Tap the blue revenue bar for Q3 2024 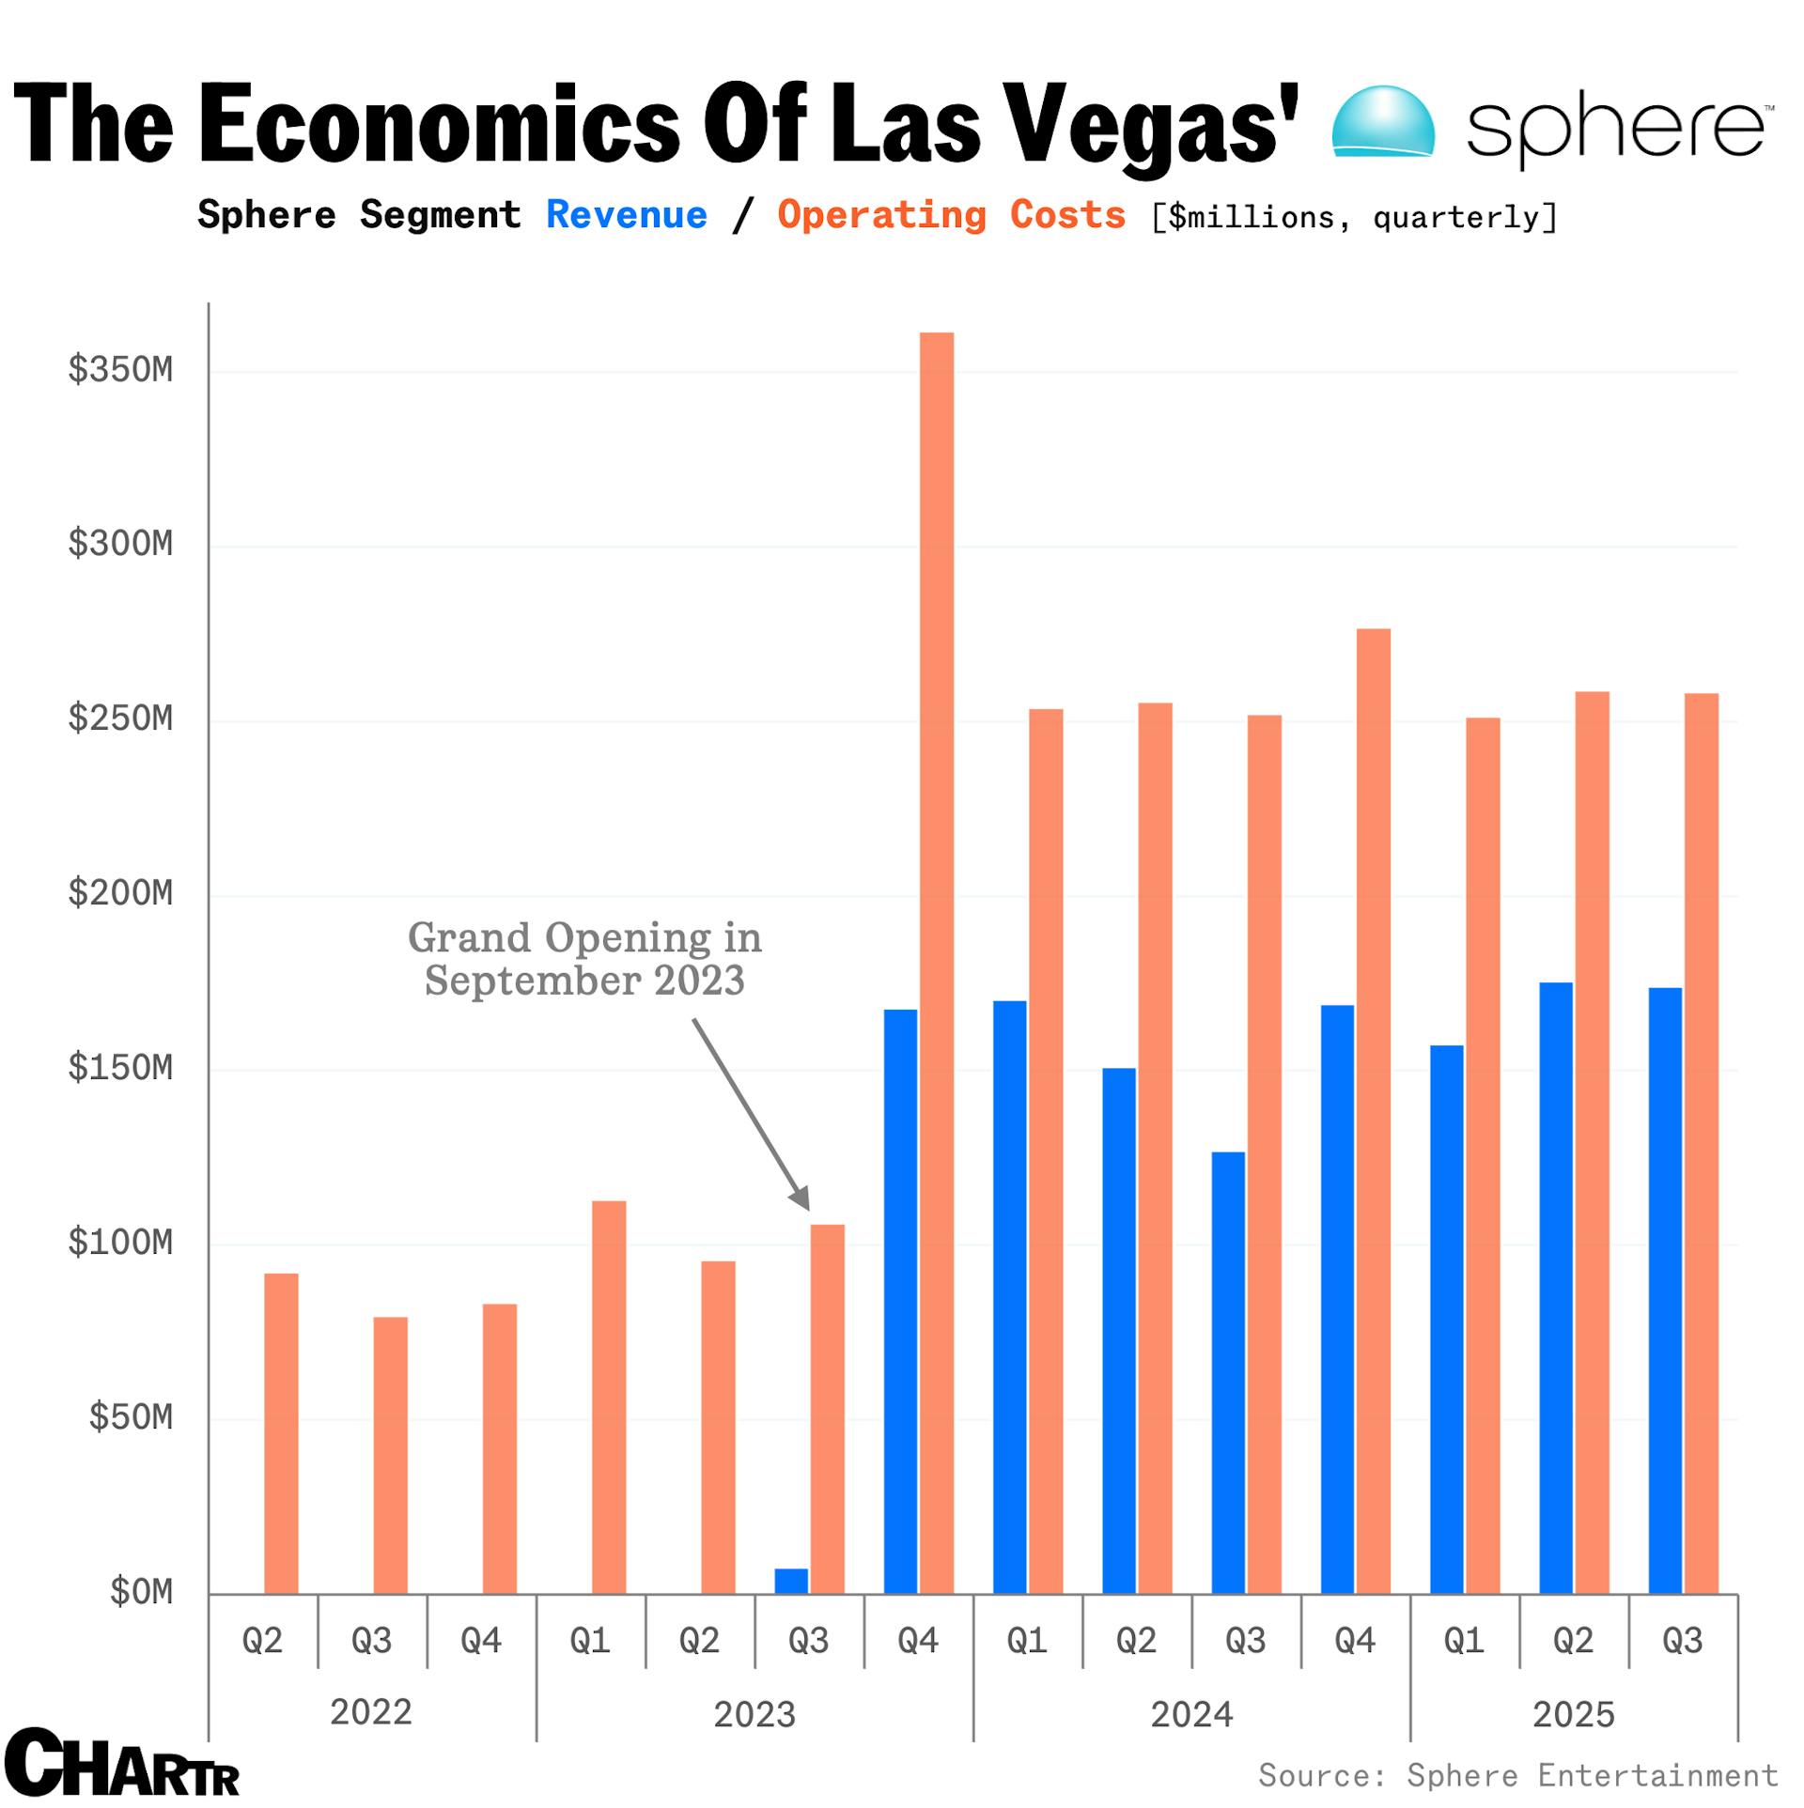tap(1227, 1372)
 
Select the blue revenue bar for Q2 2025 tap(1555, 1288)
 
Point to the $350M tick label tap(120, 370)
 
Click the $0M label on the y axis tap(141, 1592)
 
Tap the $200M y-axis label tap(120, 893)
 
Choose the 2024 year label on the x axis tap(1191, 1714)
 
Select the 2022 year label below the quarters tap(371, 1712)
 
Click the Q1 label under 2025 tap(1464, 1641)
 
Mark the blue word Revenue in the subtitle tap(627, 215)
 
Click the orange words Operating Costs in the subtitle tap(951, 215)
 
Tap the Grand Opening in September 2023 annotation tap(584, 959)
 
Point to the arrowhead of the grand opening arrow tap(801, 1199)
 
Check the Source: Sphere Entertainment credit tap(1517, 1775)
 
